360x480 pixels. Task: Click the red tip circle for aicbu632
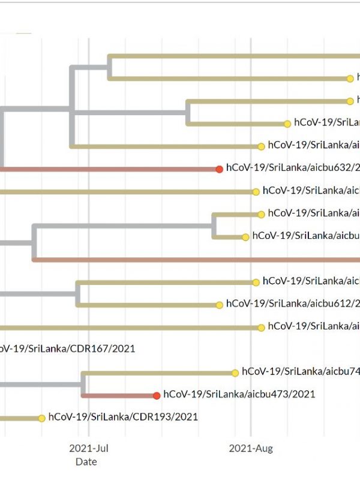coord(220,169)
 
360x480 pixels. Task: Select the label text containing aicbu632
coord(293,168)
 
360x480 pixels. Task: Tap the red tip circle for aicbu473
coord(157,395)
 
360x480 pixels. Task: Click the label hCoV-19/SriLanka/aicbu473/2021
coord(239,395)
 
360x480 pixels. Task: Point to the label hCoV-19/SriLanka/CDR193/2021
coord(123,416)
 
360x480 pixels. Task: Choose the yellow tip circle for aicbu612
coord(220,305)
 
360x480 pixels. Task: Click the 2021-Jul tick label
coord(89,448)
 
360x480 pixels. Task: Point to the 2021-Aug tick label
coord(251,448)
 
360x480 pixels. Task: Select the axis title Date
coord(86,462)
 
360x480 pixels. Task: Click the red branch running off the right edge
coord(198,260)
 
